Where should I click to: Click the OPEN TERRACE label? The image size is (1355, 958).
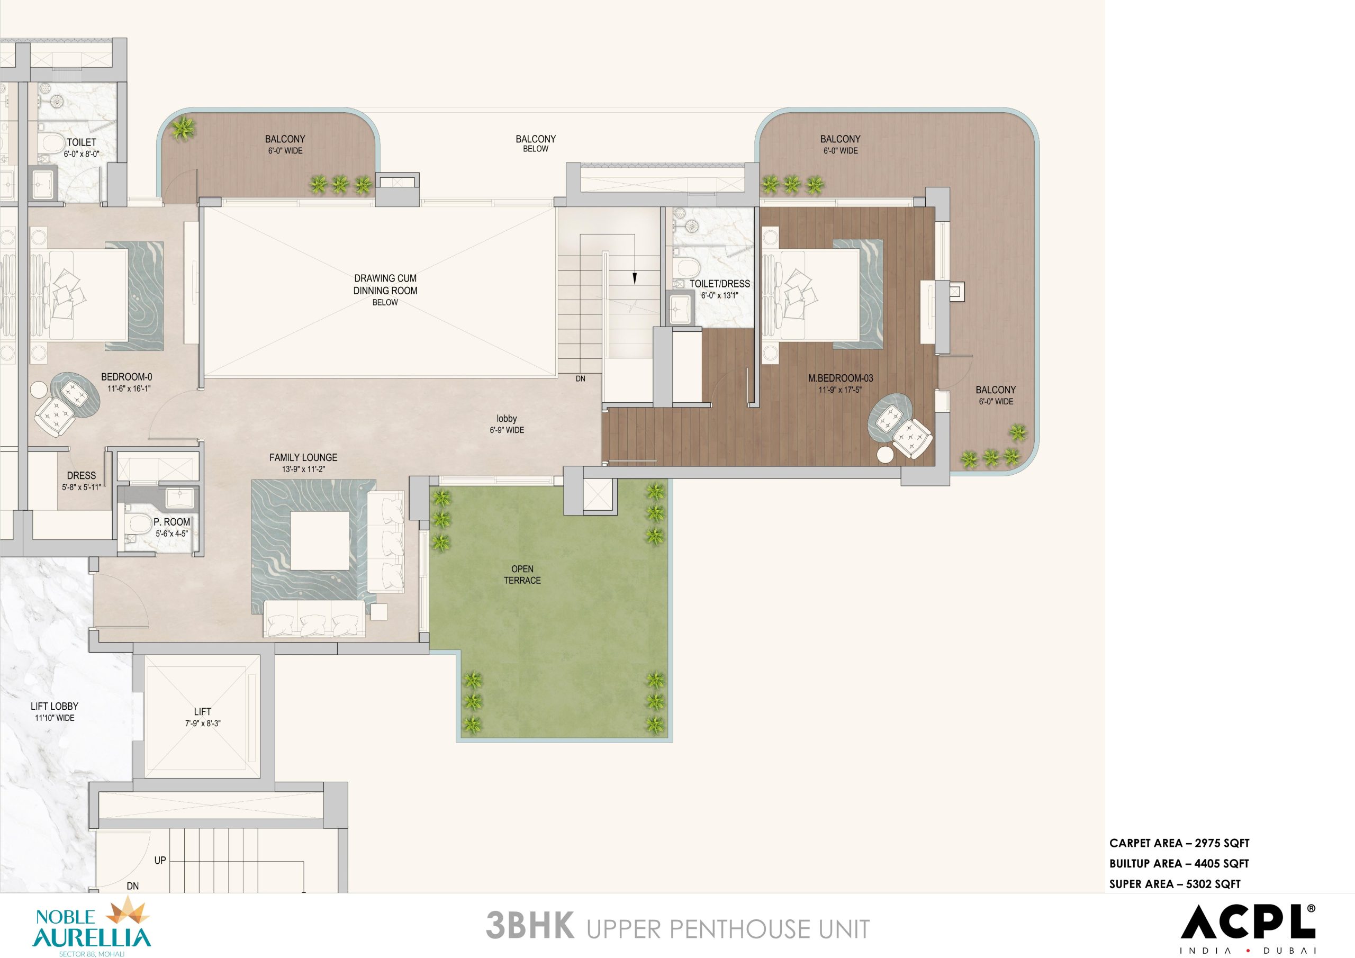point(522,574)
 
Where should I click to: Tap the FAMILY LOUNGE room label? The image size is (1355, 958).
point(303,457)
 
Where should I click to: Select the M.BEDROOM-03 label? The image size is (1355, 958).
point(841,378)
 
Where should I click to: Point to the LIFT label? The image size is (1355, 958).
point(202,712)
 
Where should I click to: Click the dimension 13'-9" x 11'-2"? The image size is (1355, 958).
point(303,470)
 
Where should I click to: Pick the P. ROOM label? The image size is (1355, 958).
point(171,522)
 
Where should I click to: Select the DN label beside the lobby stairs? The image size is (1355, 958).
point(581,378)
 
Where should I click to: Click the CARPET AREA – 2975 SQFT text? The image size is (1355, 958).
point(1179,843)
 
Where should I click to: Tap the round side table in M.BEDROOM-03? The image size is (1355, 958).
point(885,455)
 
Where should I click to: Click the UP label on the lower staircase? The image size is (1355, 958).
point(160,860)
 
